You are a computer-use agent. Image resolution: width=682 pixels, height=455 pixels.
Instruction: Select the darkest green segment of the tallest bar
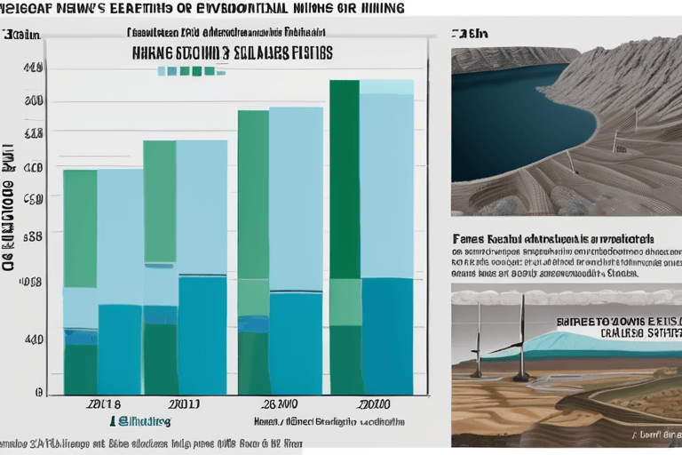coord(345,178)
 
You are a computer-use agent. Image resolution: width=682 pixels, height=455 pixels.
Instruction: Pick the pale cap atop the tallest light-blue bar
coord(386,87)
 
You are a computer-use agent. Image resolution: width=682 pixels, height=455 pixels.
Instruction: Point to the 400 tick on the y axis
coord(34,339)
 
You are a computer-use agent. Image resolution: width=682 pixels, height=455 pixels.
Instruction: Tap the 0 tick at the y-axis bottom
coord(38,391)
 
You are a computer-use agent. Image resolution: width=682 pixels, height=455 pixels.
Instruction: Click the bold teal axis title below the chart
coord(142,420)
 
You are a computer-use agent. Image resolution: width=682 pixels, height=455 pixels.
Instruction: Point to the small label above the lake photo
coord(470,34)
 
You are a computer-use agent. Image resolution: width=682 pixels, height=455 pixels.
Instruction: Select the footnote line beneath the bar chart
coord(151,442)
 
